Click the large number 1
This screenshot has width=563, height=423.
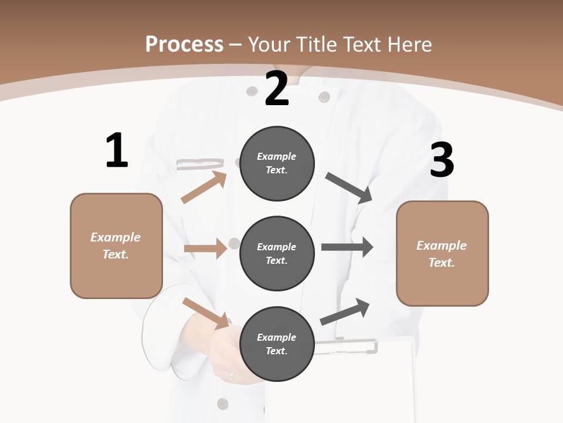click(x=117, y=151)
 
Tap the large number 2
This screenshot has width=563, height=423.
click(x=277, y=89)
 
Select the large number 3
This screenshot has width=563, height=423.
click(x=442, y=160)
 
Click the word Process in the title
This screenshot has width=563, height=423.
click(x=184, y=44)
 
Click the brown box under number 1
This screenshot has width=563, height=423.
click(x=116, y=246)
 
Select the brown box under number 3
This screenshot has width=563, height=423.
click(x=442, y=253)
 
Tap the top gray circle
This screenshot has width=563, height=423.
click(x=277, y=163)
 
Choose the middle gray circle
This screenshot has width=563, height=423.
click(x=277, y=253)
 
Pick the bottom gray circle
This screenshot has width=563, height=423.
click(x=277, y=344)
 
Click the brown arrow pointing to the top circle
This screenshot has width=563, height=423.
click(x=204, y=187)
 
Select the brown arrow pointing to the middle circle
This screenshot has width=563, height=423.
click(x=205, y=249)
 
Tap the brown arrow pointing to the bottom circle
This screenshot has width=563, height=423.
click(x=206, y=313)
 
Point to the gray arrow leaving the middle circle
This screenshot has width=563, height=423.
click(x=347, y=247)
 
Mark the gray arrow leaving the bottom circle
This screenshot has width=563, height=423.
click(x=345, y=311)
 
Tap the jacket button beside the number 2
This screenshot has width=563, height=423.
click(x=324, y=96)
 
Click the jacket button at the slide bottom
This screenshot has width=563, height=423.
click(x=222, y=403)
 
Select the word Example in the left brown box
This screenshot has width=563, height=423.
click(x=116, y=237)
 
